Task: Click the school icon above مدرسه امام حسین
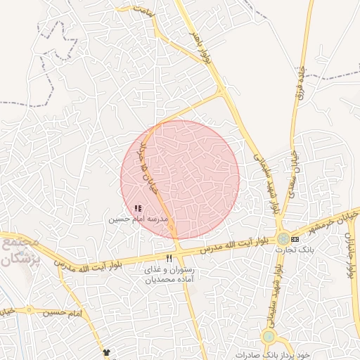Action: (138, 208)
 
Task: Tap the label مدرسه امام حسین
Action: (139, 219)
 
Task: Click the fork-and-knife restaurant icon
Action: (169, 259)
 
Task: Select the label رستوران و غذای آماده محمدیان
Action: (168, 274)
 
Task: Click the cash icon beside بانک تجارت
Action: (304, 239)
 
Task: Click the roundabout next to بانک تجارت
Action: (283, 239)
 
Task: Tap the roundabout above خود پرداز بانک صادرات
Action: (269, 337)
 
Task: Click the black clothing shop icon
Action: (107, 352)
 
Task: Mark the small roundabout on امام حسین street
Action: (30, 309)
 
